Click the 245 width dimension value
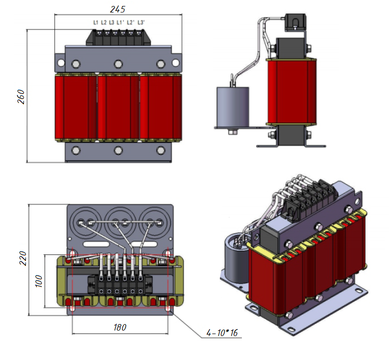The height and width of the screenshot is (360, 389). tap(118, 9)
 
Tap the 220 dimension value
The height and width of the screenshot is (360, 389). tap(23, 258)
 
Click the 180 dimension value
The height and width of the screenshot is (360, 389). tap(120, 328)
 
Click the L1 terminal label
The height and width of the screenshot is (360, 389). tap(95, 22)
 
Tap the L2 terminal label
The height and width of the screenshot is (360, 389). tap(103, 22)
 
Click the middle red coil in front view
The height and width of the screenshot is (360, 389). tap(118, 106)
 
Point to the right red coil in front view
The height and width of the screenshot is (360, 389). tap(160, 106)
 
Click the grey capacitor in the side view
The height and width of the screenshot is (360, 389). tap(232, 107)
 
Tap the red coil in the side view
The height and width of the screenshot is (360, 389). tap(292, 92)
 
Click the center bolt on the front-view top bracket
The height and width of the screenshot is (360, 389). tap(118, 64)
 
